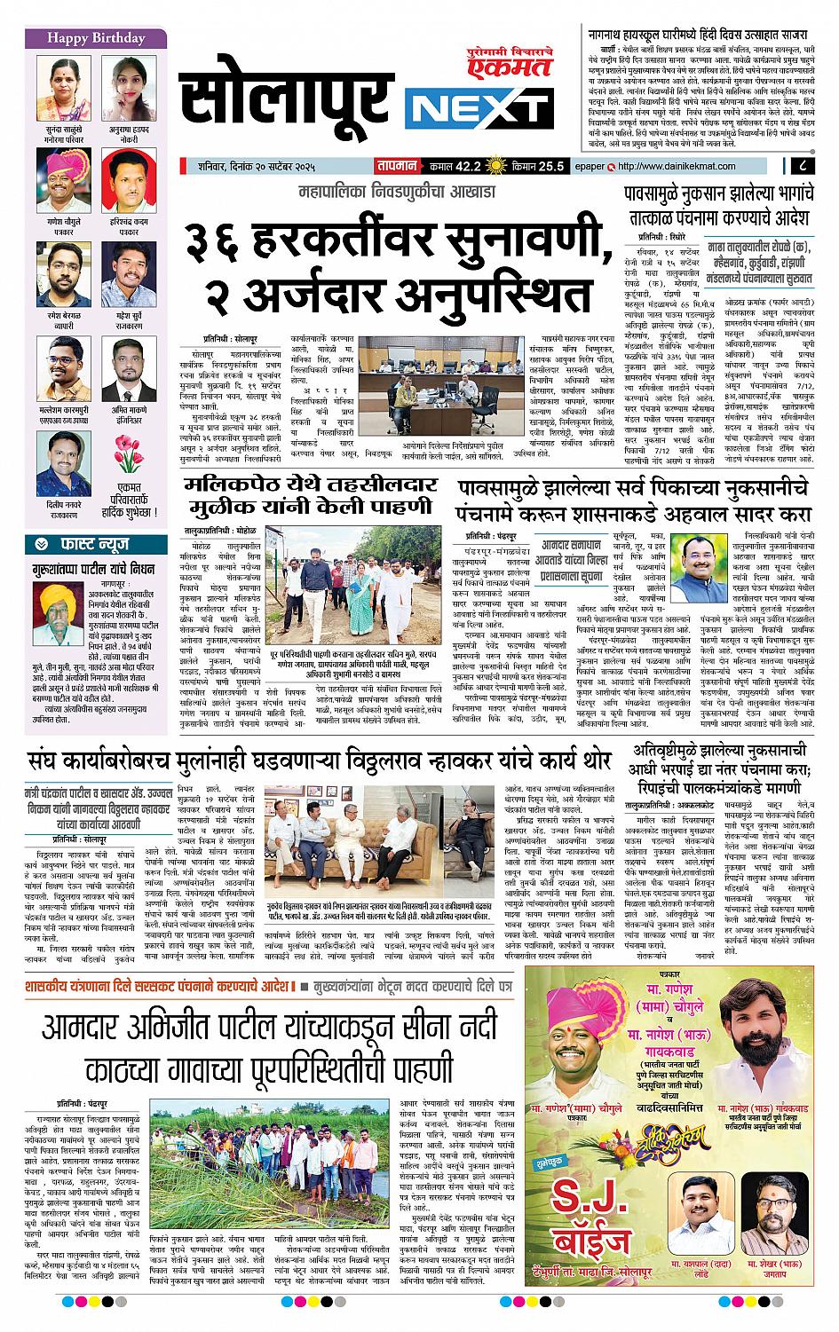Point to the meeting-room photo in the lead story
[439, 388]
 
